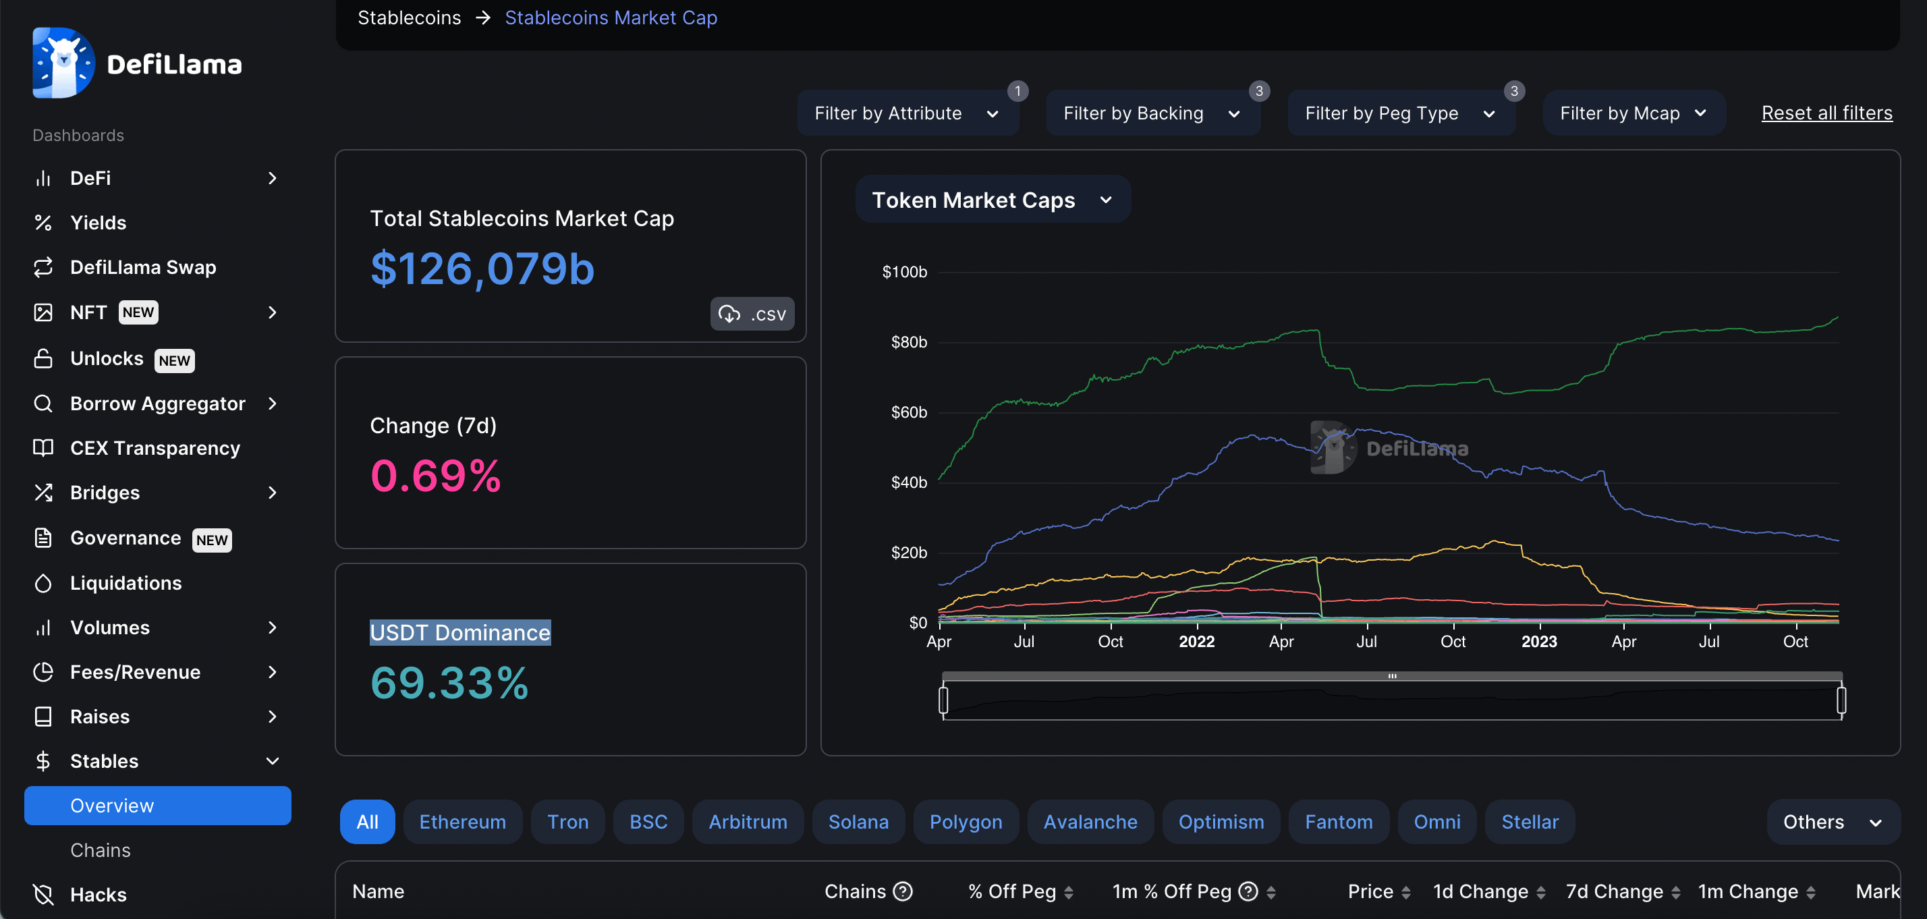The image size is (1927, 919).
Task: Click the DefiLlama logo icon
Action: point(63,63)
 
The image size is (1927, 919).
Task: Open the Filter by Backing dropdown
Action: point(1151,113)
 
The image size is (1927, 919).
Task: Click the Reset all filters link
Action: point(1826,113)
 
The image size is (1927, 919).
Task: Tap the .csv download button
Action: point(752,314)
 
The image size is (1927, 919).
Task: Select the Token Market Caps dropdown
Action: point(991,200)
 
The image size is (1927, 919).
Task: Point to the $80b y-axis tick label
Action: point(908,342)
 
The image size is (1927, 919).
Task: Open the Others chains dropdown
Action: point(1831,822)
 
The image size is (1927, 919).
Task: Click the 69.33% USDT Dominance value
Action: point(449,684)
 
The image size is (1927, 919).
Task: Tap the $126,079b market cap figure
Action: point(482,269)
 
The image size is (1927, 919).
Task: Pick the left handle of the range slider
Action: point(943,700)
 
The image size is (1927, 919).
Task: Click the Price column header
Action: point(1370,891)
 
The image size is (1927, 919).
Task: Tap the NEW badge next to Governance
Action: point(212,540)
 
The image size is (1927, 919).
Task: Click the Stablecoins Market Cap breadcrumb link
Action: point(611,18)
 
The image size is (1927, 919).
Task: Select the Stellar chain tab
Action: point(1529,822)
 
